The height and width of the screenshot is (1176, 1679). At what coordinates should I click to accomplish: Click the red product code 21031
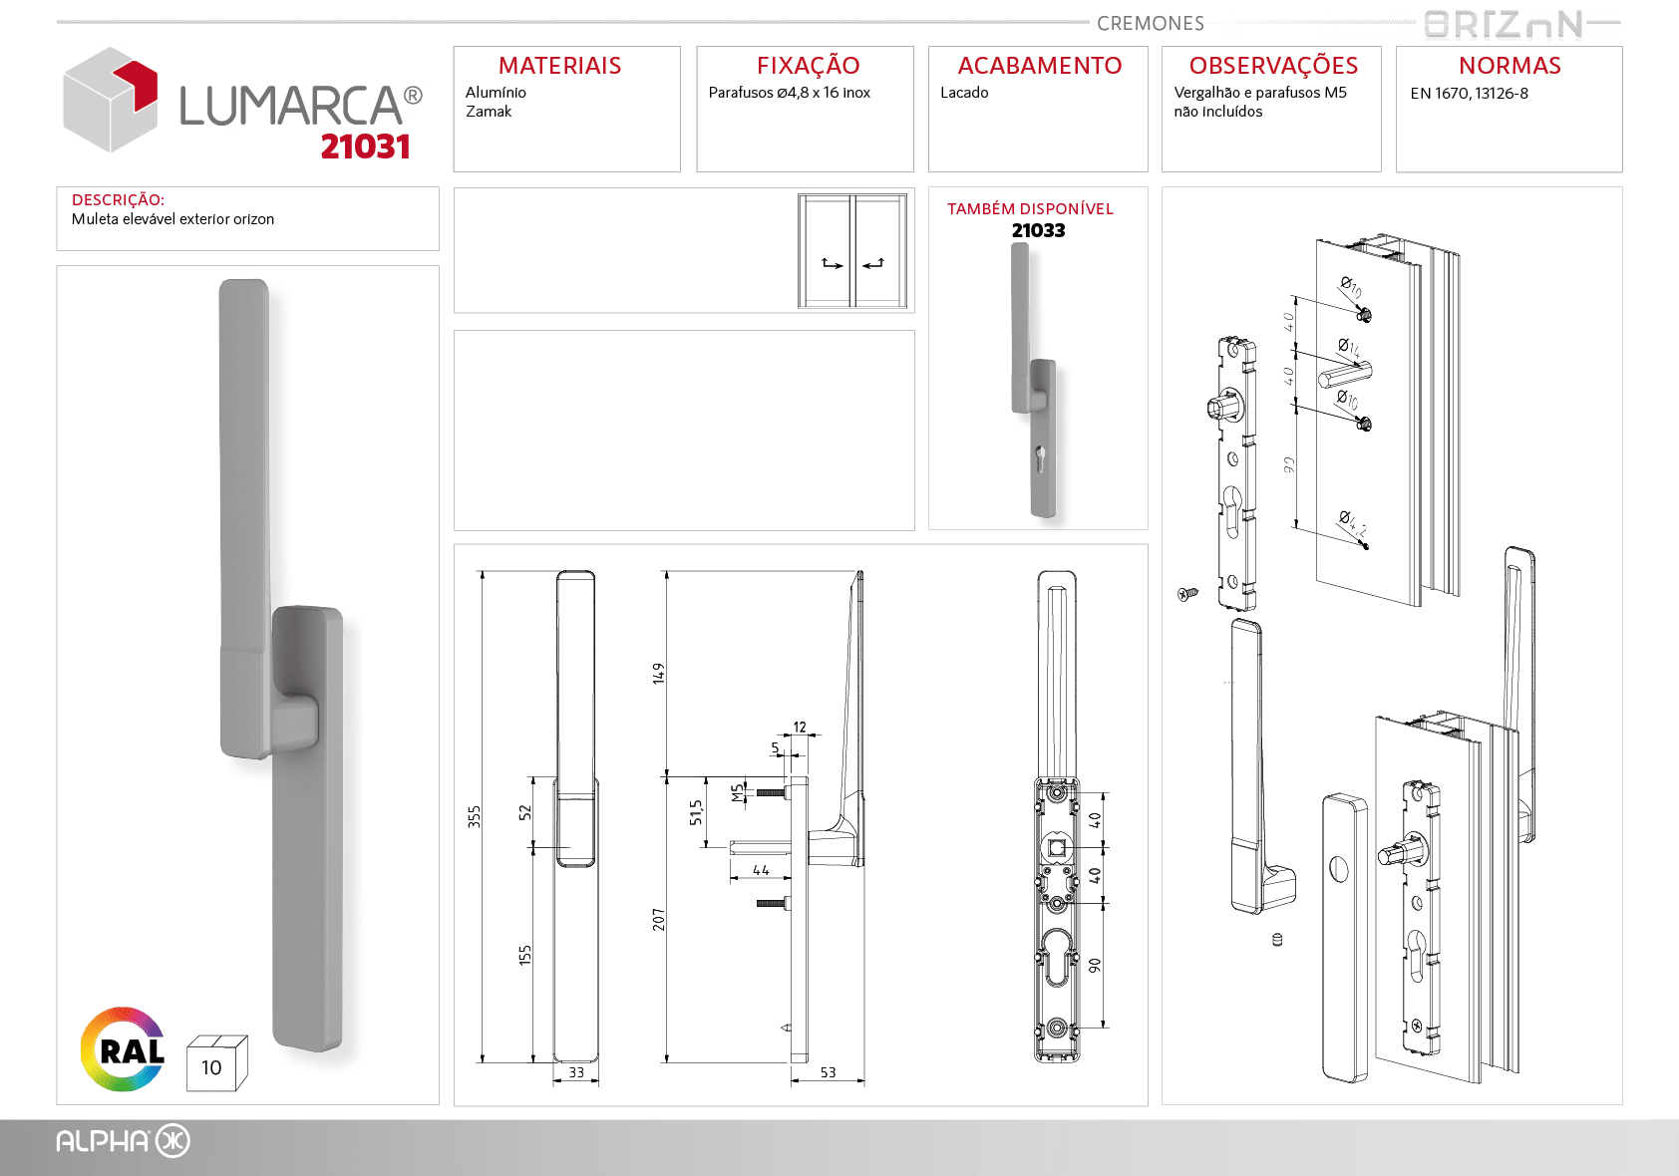pos(365,147)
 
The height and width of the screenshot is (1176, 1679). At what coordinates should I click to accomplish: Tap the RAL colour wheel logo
pos(123,1048)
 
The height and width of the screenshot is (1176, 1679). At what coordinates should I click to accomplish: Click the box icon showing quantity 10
pos(216,1063)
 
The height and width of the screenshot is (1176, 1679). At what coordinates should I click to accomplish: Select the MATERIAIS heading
pos(560,66)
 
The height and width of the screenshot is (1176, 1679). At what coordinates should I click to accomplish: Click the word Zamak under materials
pos(489,112)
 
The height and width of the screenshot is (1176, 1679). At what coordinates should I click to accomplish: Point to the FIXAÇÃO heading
pos(808,65)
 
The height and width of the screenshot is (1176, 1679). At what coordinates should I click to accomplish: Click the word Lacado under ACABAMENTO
pos(964,93)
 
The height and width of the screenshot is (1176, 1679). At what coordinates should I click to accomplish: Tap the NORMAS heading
pos(1510,66)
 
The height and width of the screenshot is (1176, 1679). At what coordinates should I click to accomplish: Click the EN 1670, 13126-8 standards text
pos(1469,94)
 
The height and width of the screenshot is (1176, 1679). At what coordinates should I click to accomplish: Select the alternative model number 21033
pos(1038,230)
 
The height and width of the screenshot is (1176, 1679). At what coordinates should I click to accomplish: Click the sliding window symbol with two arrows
pos(852,251)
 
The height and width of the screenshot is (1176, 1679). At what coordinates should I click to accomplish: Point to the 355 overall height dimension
pos(474,816)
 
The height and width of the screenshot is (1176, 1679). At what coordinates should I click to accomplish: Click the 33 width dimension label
pos(575,1072)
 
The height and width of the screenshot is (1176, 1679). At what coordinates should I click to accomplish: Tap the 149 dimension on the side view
pos(658,673)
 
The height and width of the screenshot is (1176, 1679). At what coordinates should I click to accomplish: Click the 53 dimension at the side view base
pos(828,1072)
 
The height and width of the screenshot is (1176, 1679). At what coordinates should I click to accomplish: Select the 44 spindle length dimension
pos(761,870)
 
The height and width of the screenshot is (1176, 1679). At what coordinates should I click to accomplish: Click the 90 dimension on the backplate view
pos(1095,966)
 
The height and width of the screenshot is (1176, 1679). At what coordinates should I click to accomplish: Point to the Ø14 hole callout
pos(1349,347)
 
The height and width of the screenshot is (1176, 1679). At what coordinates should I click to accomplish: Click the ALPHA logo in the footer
pos(123,1141)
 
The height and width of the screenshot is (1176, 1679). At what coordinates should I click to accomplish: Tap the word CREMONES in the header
pos(1151,23)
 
